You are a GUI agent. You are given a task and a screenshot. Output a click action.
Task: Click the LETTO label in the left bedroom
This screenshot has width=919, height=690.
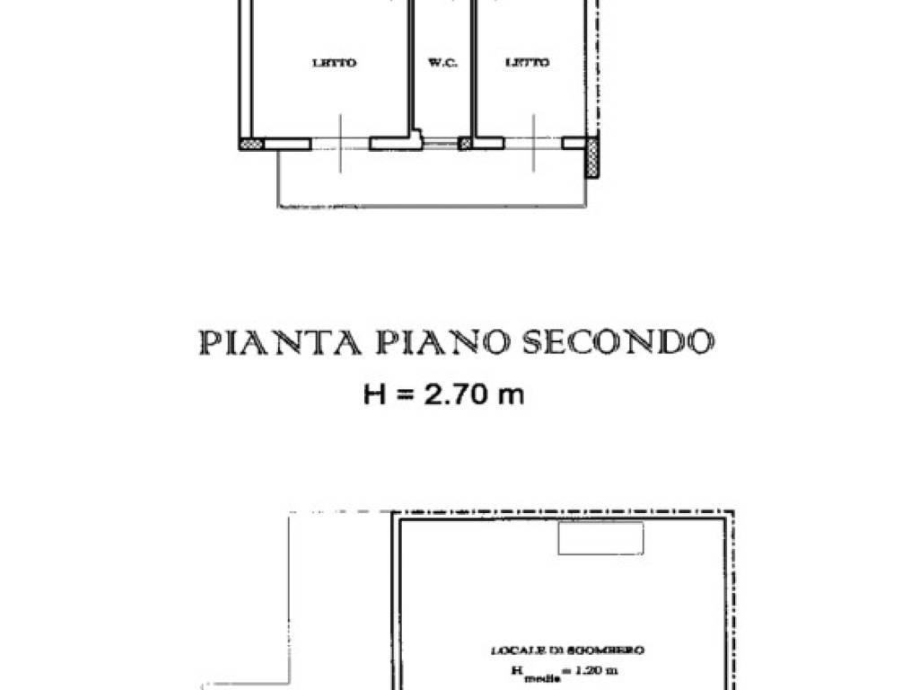click(334, 63)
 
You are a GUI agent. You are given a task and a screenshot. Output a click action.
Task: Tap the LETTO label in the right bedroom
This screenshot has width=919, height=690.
click(528, 63)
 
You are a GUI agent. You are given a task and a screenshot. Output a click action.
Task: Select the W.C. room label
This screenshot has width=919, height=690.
click(441, 63)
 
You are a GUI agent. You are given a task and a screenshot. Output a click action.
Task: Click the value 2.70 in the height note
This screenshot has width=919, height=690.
click(445, 394)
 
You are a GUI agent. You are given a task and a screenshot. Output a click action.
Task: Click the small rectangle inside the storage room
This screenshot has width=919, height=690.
click(600, 538)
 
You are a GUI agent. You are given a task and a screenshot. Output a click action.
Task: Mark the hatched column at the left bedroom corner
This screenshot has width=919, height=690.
click(250, 144)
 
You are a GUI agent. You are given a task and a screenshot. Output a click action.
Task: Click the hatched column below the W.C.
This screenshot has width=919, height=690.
click(465, 144)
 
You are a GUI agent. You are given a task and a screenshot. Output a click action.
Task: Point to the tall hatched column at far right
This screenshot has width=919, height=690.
click(592, 159)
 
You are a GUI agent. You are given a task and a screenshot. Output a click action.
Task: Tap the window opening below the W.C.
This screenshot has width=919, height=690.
click(440, 144)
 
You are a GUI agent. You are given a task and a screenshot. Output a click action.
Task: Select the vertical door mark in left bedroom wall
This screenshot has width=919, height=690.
click(340, 144)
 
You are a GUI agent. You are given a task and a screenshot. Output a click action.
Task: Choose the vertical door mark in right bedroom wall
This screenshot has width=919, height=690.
click(534, 144)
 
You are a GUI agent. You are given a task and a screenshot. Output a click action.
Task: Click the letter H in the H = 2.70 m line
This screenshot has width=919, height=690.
click(373, 394)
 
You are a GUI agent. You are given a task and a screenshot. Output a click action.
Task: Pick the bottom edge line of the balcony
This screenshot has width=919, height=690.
click(431, 207)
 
